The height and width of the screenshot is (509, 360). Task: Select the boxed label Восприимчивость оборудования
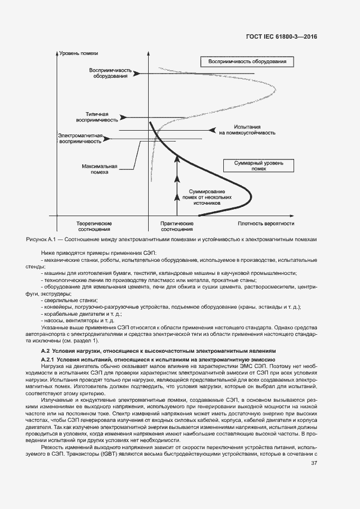(247, 62)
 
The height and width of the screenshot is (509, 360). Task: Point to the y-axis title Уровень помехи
(79, 53)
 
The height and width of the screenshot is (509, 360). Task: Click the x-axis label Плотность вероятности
(266, 223)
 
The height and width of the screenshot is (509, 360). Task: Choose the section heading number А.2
(46, 351)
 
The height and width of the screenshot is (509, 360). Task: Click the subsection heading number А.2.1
(49, 360)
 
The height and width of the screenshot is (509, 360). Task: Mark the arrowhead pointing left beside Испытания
(209, 130)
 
